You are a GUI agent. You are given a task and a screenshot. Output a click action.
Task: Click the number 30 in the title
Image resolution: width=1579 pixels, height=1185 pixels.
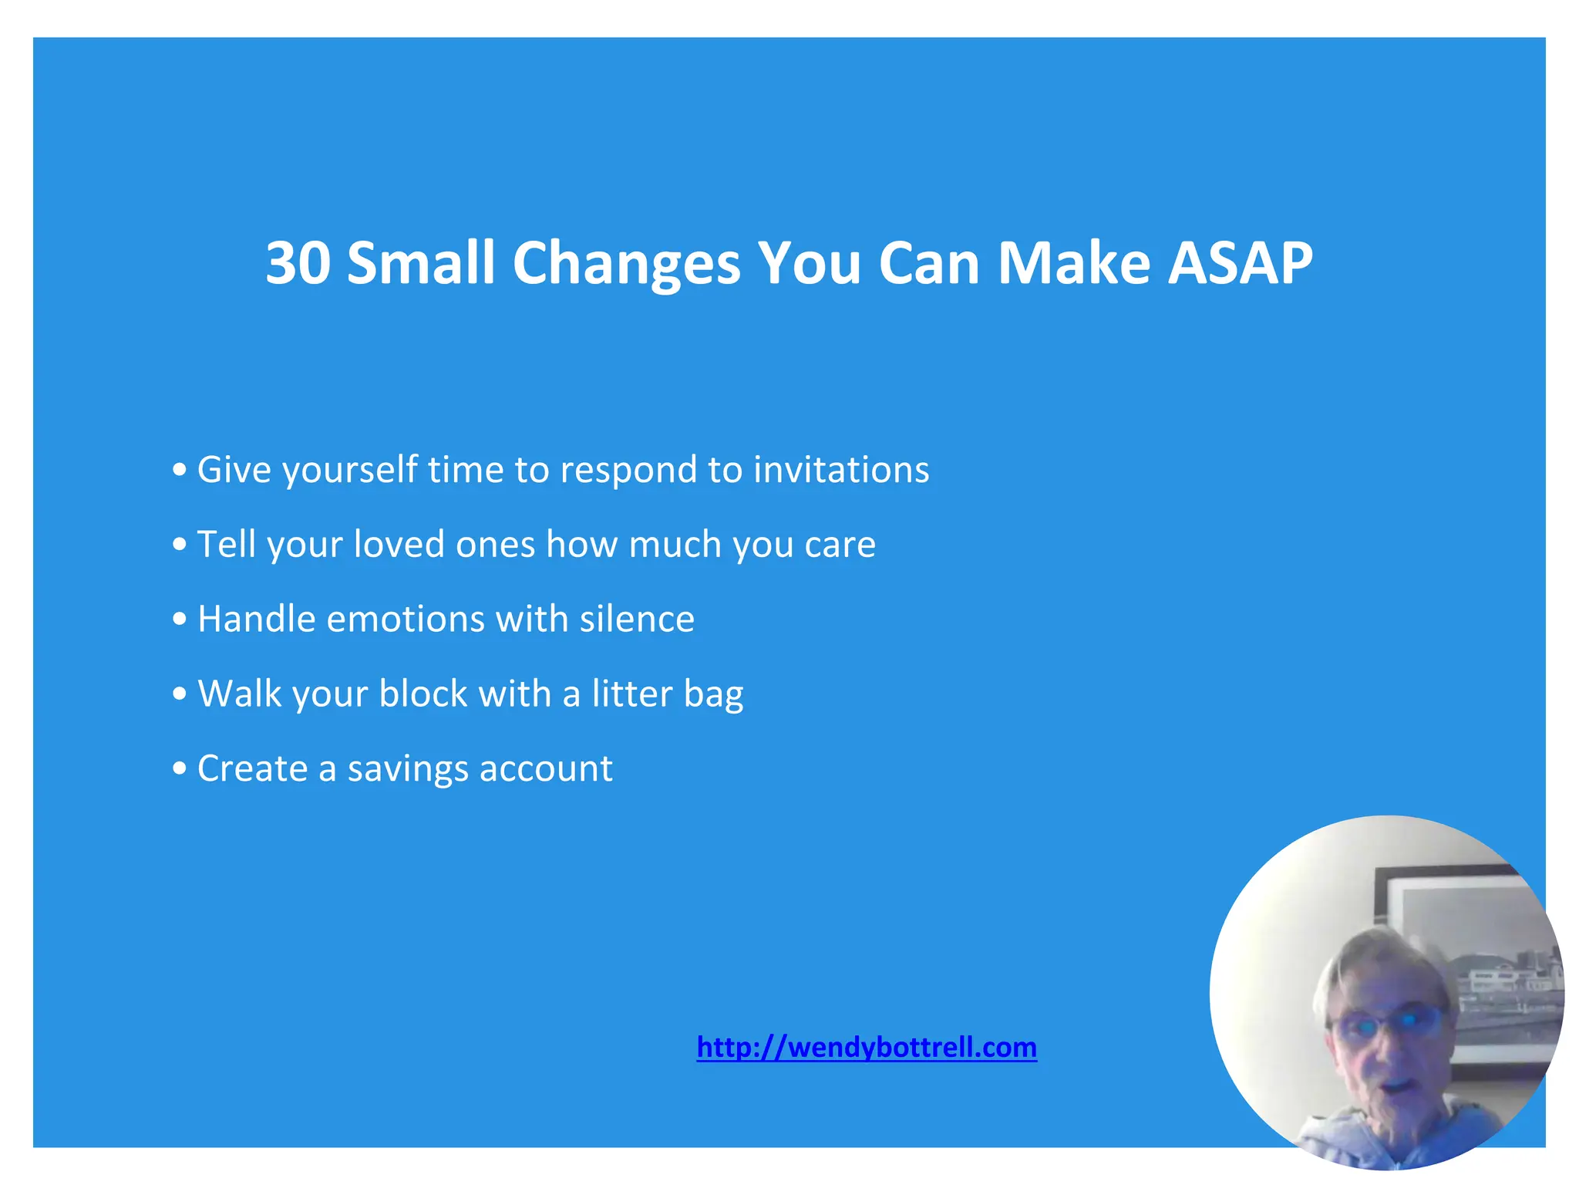[298, 263]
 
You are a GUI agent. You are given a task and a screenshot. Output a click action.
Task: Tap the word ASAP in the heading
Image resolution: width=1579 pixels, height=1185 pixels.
[1239, 263]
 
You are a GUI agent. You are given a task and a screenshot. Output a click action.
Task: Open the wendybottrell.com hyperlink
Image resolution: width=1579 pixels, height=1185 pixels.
[867, 1047]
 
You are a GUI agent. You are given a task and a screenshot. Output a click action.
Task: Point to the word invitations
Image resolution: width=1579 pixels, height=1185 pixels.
[841, 470]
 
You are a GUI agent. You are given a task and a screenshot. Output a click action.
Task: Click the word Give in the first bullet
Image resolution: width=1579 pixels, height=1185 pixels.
[234, 470]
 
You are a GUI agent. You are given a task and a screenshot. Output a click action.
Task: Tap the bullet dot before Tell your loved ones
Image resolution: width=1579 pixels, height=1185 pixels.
[180, 545]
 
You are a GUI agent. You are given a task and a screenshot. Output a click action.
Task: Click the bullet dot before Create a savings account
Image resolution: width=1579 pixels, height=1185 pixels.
[180, 768]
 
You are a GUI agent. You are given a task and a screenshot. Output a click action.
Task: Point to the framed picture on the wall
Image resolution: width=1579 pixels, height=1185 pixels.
[1457, 926]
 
